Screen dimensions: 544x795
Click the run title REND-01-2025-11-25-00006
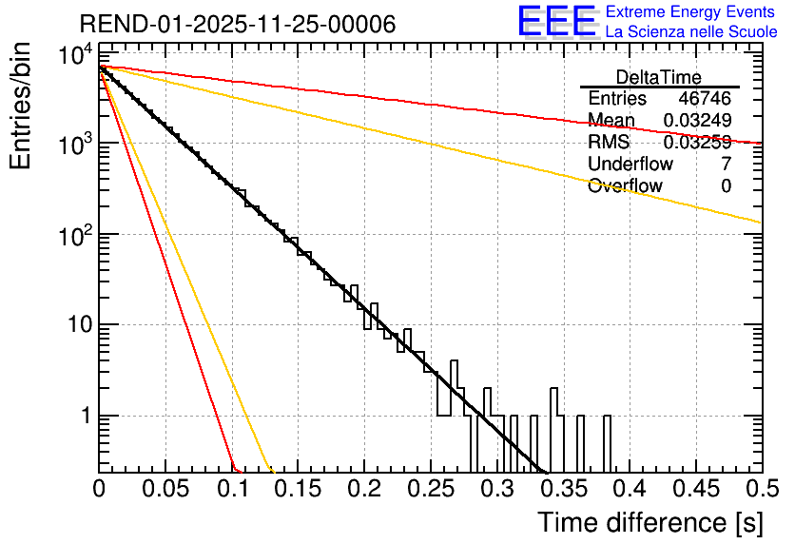click(x=237, y=25)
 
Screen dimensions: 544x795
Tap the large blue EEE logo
click(x=555, y=22)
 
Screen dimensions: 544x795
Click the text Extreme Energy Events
click(x=690, y=12)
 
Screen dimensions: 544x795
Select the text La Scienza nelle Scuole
click(x=690, y=32)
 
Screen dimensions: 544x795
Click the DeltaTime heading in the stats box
click(x=659, y=77)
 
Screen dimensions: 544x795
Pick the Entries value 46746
click(x=705, y=99)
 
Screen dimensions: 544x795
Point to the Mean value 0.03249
click(x=697, y=121)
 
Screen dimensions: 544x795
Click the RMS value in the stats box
click(x=697, y=143)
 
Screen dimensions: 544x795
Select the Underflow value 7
click(x=726, y=165)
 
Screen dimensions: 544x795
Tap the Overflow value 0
click(x=726, y=186)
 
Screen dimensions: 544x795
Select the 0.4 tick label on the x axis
click(x=629, y=490)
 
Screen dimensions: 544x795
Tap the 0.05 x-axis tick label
click(x=165, y=490)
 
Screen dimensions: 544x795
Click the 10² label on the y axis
click(x=72, y=234)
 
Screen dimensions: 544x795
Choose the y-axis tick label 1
click(x=84, y=417)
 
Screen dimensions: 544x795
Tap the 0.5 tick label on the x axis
click(x=761, y=490)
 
